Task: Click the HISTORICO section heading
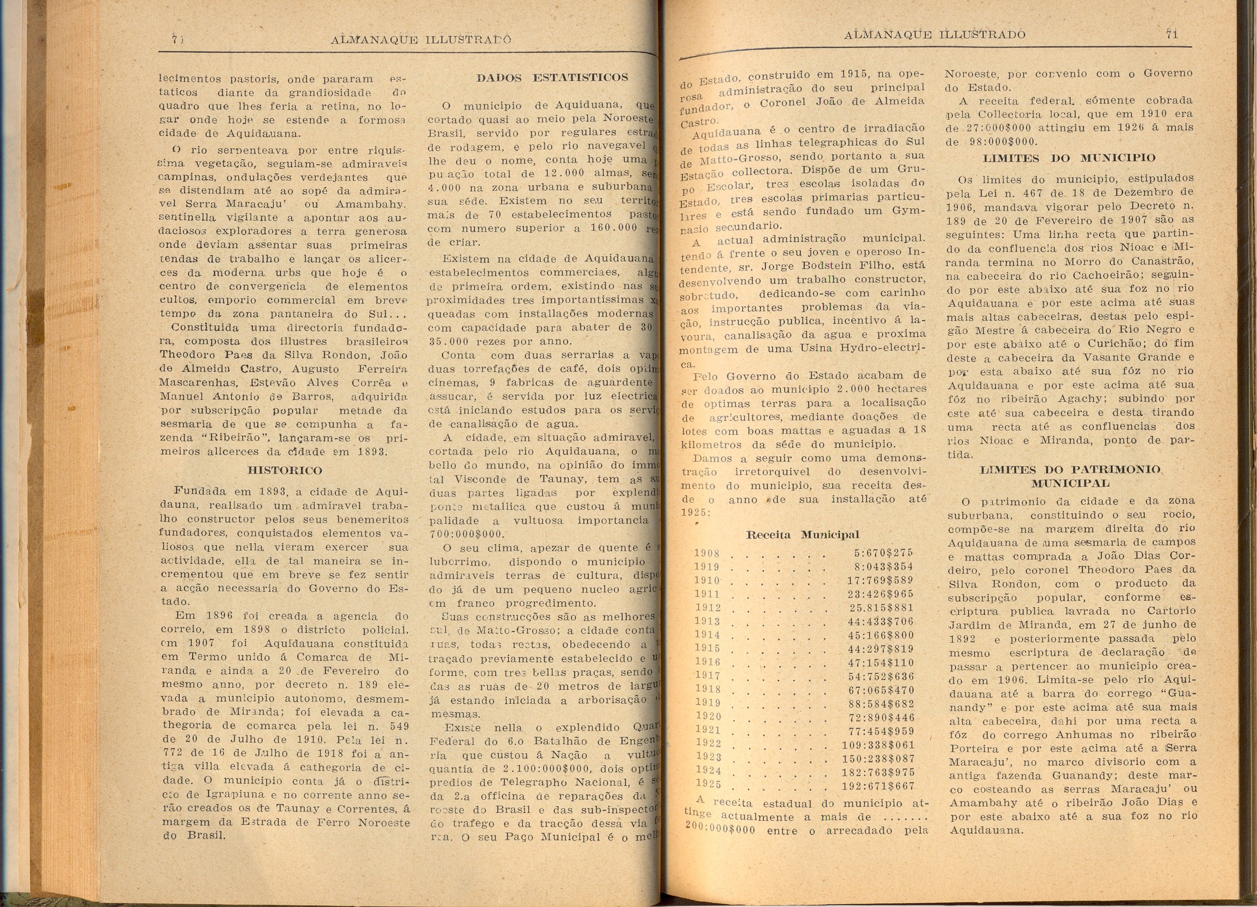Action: tap(284, 470)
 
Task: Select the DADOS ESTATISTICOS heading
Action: tap(552, 78)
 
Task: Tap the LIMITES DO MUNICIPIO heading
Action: tap(1069, 158)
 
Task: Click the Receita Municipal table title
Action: tap(803, 535)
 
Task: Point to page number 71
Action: tap(1172, 34)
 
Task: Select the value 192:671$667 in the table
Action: tap(878, 786)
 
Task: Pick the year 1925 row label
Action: tap(708, 785)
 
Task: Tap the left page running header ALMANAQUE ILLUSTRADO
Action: tap(420, 40)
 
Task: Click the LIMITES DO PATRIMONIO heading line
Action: tap(1071, 470)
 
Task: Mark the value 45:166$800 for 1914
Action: tap(880, 635)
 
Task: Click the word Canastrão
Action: tap(1163, 261)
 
